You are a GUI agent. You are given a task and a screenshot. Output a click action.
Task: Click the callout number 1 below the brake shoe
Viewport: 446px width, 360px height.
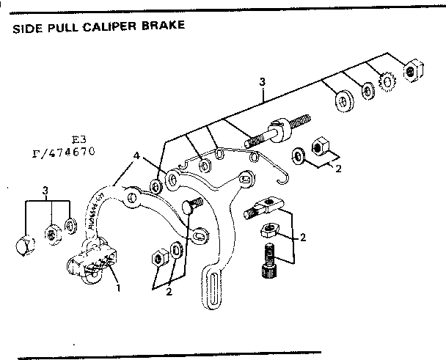click(x=118, y=287)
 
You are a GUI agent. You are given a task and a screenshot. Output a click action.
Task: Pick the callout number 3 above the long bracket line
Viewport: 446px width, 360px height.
click(x=261, y=81)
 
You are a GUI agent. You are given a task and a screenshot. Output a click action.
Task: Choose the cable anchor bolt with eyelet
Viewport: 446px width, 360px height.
click(x=261, y=207)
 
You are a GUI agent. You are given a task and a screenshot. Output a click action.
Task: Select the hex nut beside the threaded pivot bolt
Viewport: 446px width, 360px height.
click(x=320, y=147)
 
